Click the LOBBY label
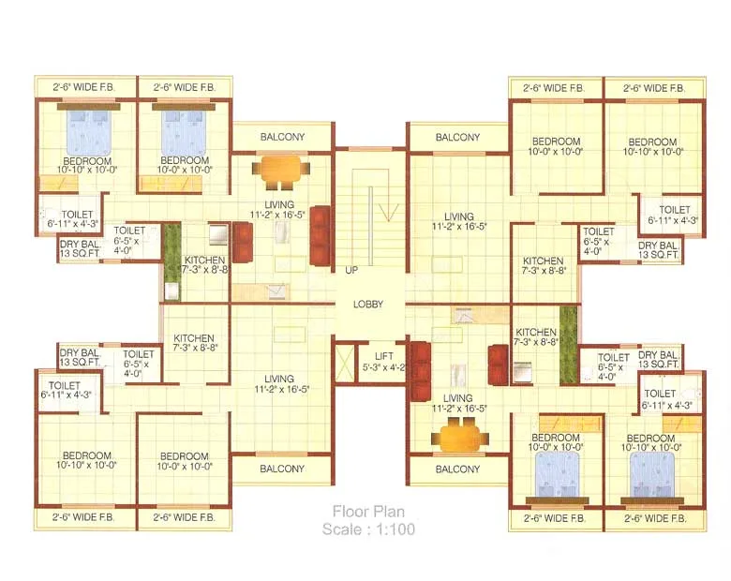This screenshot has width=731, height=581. coord(368,304)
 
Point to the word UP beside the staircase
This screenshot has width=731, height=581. coord(351,270)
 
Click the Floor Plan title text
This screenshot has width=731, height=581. coord(368,512)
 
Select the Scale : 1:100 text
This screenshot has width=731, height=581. coord(368,529)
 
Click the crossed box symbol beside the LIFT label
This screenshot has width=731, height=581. coord(345,363)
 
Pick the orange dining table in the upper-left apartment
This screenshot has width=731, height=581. coord(280,171)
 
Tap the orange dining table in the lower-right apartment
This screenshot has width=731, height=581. coord(460,437)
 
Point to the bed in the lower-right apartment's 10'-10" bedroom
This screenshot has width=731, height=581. coord(650,474)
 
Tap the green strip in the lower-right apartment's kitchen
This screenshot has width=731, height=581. coord(568,345)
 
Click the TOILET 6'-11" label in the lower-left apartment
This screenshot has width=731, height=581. coord(66,390)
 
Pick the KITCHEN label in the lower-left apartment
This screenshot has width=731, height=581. coord(194,342)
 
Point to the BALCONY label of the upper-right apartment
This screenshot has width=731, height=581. coord(457,138)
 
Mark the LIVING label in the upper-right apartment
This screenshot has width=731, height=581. coord(459,221)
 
